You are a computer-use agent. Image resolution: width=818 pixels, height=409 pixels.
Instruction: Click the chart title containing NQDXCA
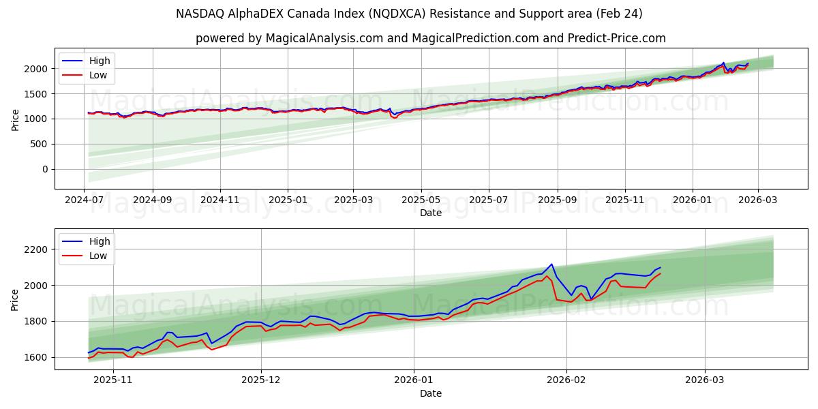click(409, 14)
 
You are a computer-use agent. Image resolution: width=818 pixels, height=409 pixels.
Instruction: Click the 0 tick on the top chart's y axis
click(45, 169)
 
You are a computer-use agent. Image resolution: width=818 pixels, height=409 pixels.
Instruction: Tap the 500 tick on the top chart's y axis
click(40, 144)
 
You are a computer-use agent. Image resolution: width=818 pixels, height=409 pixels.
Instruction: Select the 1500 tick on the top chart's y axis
click(37, 94)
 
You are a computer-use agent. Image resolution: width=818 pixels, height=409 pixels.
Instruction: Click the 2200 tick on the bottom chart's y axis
click(37, 249)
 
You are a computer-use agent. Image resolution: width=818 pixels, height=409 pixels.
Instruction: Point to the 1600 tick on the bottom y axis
click(37, 357)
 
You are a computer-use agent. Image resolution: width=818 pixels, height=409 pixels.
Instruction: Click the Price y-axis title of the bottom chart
click(15, 299)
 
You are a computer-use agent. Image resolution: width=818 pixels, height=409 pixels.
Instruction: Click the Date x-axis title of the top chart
click(430, 213)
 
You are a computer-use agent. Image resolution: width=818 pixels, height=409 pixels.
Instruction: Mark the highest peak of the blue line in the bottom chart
click(551, 264)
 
